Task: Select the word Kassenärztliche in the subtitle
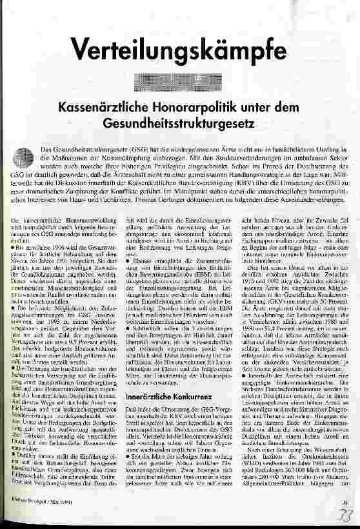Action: pyautogui.click(x=120, y=106)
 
